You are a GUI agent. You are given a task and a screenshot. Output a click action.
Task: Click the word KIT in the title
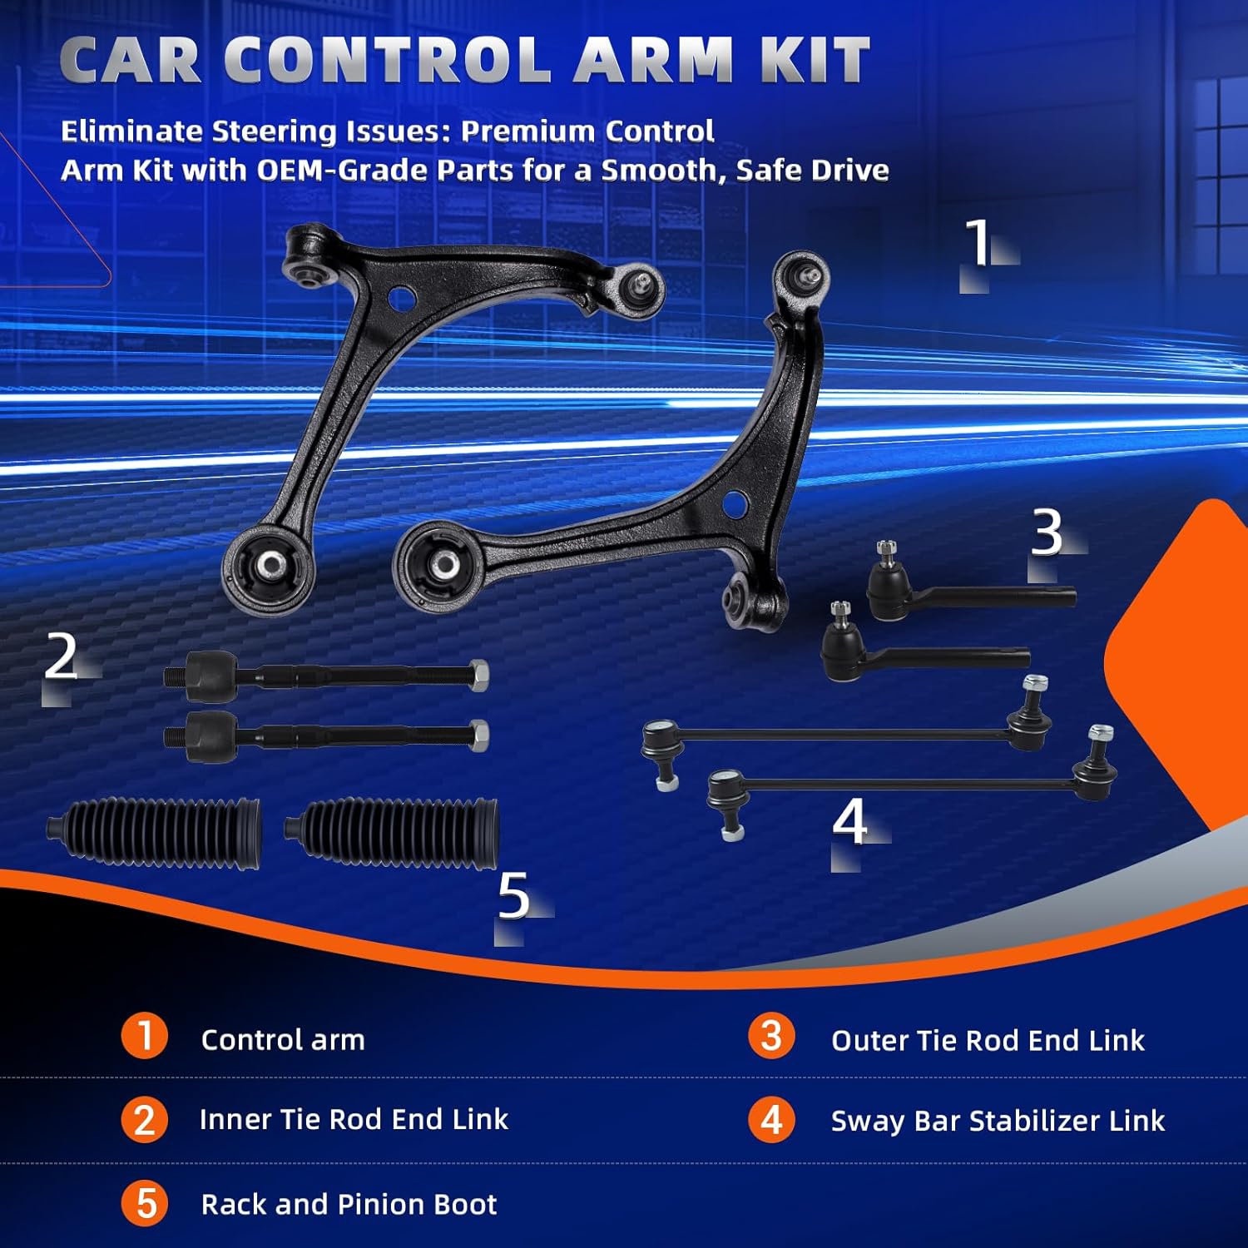[815, 61]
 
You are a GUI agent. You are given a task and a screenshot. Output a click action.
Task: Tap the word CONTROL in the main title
[387, 61]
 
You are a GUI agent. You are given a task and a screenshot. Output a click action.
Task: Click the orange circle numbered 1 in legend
[145, 1036]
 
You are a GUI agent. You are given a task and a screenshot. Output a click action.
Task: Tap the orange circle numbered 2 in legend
[145, 1120]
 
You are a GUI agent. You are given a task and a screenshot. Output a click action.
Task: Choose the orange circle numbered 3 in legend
[771, 1036]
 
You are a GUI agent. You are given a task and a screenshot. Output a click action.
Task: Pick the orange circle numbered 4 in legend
[771, 1120]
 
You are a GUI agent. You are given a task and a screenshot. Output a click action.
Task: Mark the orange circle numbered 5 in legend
[145, 1204]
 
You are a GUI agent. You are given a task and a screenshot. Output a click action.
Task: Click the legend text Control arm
[283, 1040]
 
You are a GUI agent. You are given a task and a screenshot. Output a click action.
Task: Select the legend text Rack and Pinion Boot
[349, 1204]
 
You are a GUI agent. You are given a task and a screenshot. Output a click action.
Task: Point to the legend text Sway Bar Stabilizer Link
[998, 1121]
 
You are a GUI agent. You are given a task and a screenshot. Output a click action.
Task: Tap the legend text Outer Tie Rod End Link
[988, 1040]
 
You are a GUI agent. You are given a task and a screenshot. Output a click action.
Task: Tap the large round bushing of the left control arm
[268, 567]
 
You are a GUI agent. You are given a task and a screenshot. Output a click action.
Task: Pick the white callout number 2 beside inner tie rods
[62, 657]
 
